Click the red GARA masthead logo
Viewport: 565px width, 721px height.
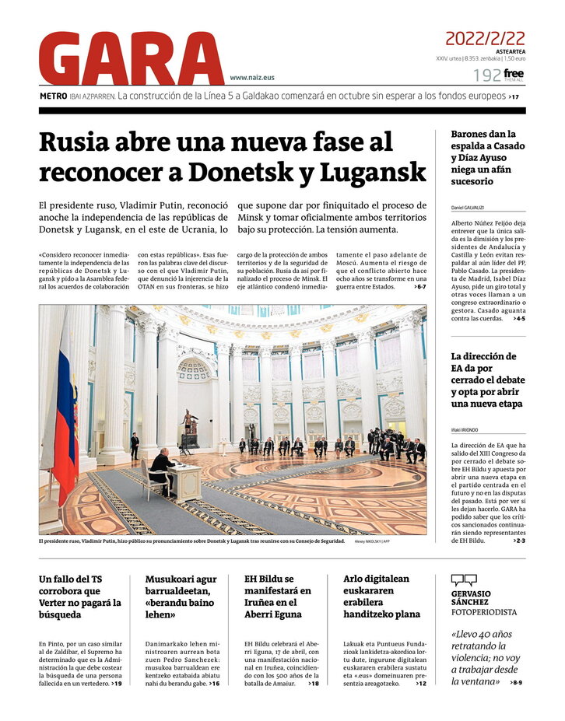point(131,58)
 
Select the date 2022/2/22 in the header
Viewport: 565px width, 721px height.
point(485,39)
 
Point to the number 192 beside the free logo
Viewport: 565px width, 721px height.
point(487,75)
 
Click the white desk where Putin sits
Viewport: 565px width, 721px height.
point(185,481)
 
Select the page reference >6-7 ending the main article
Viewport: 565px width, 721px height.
point(420,287)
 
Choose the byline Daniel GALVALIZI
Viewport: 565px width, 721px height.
point(468,208)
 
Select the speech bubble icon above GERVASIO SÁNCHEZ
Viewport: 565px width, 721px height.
point(464,580)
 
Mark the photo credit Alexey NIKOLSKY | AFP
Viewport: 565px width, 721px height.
point(383,541)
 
